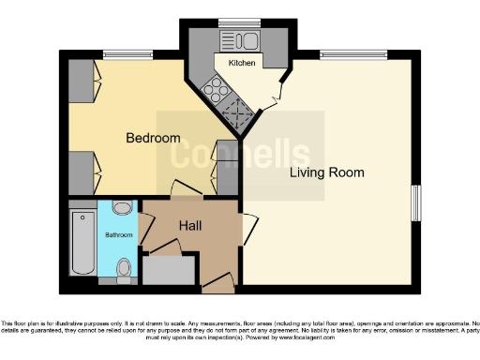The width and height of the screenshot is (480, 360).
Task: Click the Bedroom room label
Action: (153, 138)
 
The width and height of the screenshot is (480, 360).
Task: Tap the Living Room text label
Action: (326, 172)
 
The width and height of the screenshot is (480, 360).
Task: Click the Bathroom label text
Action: (118, 234)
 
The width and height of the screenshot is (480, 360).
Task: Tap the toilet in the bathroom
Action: (124, 267)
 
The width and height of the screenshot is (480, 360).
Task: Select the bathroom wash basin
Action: (123, 208)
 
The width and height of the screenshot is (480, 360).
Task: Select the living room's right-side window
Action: (416, 204)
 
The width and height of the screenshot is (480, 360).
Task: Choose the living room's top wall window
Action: (352, 52)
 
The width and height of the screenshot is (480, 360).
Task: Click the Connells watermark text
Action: (239, 153)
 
